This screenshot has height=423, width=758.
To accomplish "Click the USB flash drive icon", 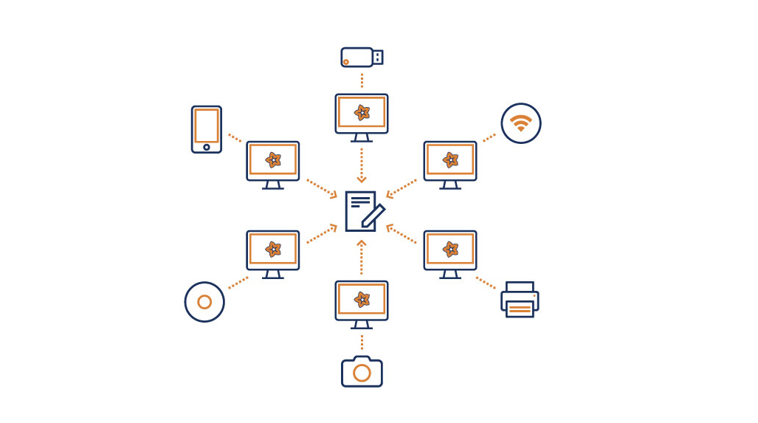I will [362, 58].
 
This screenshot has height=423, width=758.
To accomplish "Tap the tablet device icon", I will [207, 129].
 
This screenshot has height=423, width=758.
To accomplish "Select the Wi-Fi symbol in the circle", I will [521, 123].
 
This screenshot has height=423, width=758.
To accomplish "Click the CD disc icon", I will [204, 302].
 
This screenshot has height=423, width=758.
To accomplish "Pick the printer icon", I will [520, 299].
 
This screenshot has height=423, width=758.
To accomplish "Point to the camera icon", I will [362, 371].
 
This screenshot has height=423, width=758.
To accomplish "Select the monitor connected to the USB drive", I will [362, 115].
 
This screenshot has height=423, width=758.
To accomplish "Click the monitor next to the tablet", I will [273, 162].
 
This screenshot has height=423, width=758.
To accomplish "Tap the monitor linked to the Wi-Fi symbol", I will [450, 162].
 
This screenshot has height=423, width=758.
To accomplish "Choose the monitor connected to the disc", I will [273, 252].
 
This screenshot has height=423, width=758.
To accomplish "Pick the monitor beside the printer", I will [450, 252].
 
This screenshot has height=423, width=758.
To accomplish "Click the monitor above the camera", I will [362, 302].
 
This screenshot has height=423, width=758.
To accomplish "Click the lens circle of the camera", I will [362, 374].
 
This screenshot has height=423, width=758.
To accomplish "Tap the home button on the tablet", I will [207, 147].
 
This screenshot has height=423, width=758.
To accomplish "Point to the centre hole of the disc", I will [204, 302].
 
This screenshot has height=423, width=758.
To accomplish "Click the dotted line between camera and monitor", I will [362, 342].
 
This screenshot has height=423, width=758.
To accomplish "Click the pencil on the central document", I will [373, 215].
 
